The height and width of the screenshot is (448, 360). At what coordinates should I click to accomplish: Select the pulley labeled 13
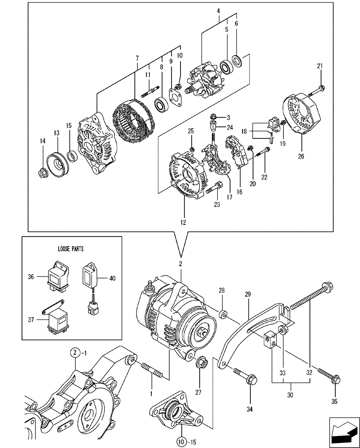point(58,160)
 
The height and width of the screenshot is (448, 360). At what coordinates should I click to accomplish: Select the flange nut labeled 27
point(201,361)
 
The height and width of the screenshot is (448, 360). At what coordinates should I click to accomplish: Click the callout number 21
point(320,66)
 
